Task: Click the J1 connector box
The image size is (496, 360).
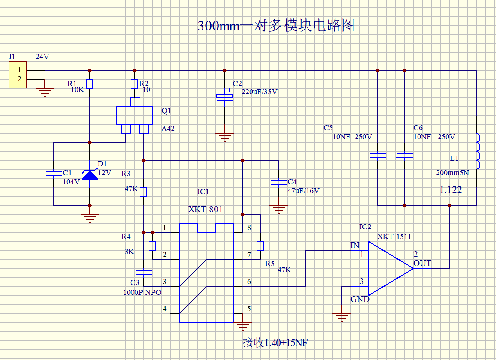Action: pos(18,75)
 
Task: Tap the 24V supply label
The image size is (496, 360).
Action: pos(42,57)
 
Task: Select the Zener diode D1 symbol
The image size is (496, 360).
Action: pos(90,174)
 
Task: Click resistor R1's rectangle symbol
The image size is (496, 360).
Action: pos(90,84)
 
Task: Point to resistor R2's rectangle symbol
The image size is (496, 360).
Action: pos(134,84)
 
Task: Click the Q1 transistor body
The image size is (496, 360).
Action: pos(134,115)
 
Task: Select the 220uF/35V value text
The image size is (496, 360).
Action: pos(260,92)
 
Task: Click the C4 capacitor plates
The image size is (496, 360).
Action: pos(279,183)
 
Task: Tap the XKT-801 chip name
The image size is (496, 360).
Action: pos(206,209)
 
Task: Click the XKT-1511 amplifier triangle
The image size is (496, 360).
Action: pos(391,268)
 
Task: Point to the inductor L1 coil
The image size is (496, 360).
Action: pos(478,151)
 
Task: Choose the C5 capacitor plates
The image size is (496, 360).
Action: pos(378,156)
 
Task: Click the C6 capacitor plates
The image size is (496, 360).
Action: pos(405,156)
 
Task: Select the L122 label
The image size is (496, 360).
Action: pos(451,190)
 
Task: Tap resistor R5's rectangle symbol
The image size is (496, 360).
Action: pos(260,246)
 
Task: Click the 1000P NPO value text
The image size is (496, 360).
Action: pos(142,292)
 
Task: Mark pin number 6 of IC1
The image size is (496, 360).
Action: pos(249,282)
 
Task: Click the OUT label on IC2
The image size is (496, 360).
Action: pos(422,264)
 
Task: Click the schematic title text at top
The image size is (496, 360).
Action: pos(276,25)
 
